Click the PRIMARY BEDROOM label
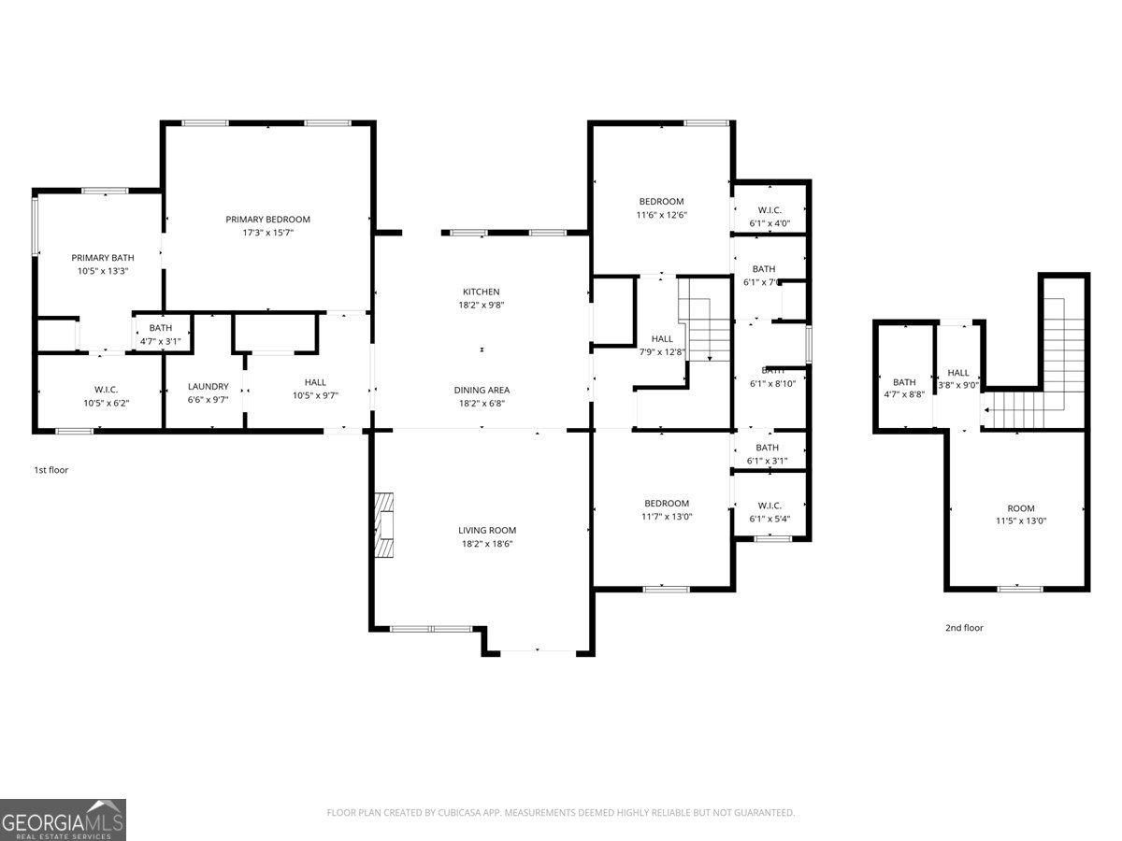click(x=267, y=220)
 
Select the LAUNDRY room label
click(x=208, y=386)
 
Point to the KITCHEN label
click(x=482, y=292)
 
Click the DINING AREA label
click(x=482, y=390)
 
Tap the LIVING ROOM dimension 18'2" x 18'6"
click(x=487, y=543)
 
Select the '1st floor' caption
click(x=51, y=470)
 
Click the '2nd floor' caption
click(x=964, y=628)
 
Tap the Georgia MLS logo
click(x=63, y=820)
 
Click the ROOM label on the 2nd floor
click(x=1021, y=508)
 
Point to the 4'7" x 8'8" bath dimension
click(x=904, y=395)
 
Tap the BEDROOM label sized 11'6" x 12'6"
click(x=661, y=201)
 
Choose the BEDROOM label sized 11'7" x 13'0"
click(x=666, y=503)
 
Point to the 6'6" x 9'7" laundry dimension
click(x=208, y=399)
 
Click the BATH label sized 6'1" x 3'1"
click(x=767, y=448)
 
